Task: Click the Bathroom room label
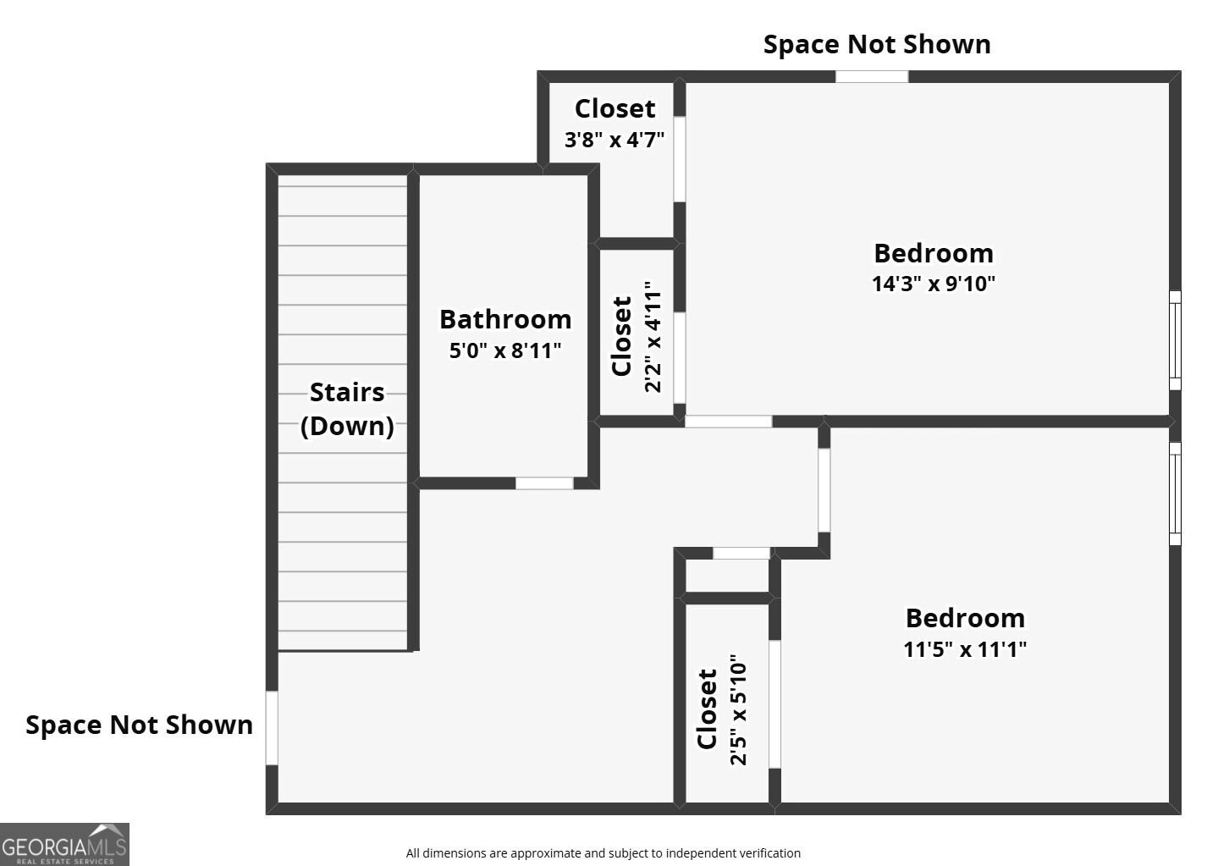point(505,319)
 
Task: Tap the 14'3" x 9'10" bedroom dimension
point(934,284)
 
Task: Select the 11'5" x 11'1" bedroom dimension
point(965,648)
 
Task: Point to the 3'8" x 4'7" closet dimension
point(615,140)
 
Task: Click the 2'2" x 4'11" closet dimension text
point(652,336)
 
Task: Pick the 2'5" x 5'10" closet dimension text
point(738,709)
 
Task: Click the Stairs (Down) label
point(347,409)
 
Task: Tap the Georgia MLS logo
point(64,844)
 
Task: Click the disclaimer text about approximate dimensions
point(603,853)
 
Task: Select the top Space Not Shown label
point(877,44)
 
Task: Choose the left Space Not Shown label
point(139,725)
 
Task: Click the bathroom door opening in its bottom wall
point(544,483)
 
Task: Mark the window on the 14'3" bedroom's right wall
point(1175,340)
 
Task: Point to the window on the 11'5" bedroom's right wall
point(1175,494)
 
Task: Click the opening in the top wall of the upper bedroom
point(871,76)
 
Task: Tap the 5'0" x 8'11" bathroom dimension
point(505,350)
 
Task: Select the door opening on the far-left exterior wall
point(272,727)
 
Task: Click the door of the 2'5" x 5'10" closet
point(774,704)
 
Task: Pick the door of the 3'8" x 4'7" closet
point(680,159)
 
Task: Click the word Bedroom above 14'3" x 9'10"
point(934,253)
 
